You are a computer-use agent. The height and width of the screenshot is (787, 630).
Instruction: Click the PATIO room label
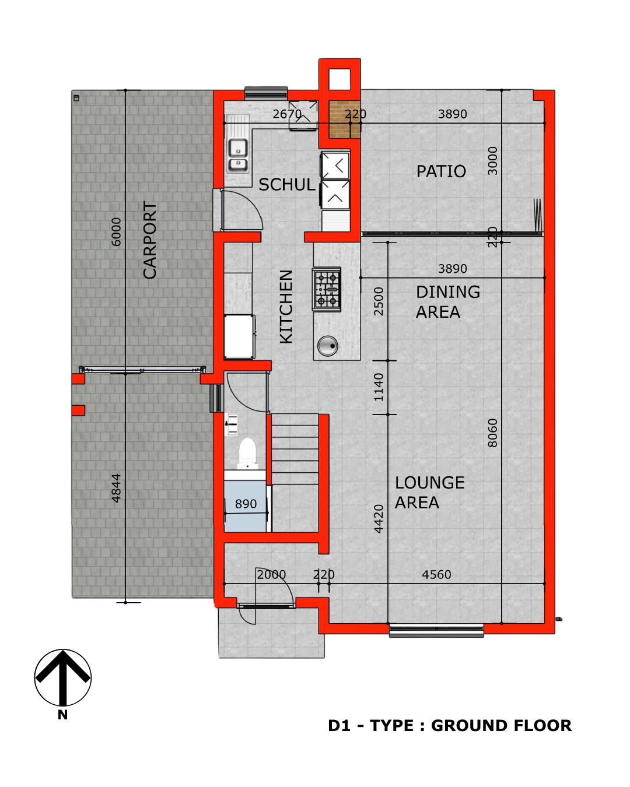coord(441,171)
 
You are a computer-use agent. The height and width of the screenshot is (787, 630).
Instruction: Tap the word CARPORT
coord(150,240)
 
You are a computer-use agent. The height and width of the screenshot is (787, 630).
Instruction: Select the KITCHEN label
coord(286,307)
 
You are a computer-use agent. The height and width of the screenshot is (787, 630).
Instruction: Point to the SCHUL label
coord(286,184)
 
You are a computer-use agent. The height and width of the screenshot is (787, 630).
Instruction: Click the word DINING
coord(447,292)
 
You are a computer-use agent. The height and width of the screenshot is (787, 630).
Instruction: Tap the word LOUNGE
coord(429,482)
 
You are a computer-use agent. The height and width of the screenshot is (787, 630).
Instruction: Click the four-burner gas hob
coord(327,289)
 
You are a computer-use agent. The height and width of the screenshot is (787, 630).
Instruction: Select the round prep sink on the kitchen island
coord(327,346)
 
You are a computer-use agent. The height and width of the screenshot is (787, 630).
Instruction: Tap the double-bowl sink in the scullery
coord(238,156)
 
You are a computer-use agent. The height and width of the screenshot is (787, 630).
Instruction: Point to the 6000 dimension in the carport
coord(116,232)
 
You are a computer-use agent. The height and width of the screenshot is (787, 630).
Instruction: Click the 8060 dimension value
coord(493,433)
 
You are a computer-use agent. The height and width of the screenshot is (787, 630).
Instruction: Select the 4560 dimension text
coord(436,575)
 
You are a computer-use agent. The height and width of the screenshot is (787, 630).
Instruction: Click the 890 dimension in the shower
coord(246,504)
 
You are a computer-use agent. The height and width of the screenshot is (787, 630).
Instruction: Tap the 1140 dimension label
coord(379,387)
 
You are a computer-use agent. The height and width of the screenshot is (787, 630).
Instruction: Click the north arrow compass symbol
coord(63,677)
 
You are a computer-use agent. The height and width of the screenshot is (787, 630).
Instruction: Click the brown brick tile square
coord(339,120)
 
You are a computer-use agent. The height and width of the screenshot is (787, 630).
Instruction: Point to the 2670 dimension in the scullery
coord(287,114)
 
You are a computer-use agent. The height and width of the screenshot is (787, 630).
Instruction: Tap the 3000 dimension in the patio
coord(493,160)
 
